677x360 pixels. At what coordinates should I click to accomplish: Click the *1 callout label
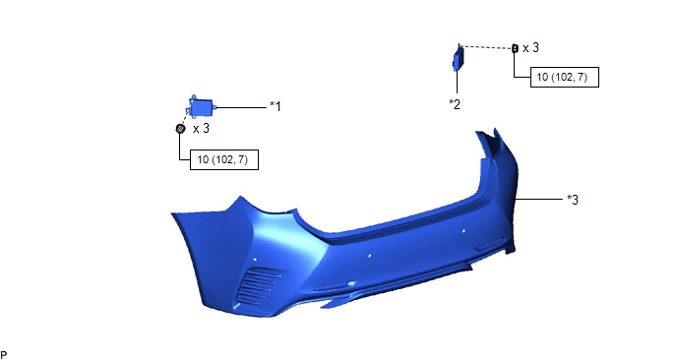coord(276,106)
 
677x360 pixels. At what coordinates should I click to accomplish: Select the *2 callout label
coord(455,104)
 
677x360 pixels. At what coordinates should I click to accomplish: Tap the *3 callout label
coord(573,200)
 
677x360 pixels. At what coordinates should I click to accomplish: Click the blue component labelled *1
coord(201,106)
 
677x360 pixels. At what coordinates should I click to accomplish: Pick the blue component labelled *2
coord(458,57)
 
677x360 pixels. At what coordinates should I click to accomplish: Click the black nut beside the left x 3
coord(180,128)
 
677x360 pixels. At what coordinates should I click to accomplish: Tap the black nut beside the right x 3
coord(515,48)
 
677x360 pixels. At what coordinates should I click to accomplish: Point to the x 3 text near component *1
coord(201,129)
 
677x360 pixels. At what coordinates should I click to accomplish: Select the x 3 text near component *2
coord(530,47)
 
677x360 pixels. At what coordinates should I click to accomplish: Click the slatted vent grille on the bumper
coord(258,285)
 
